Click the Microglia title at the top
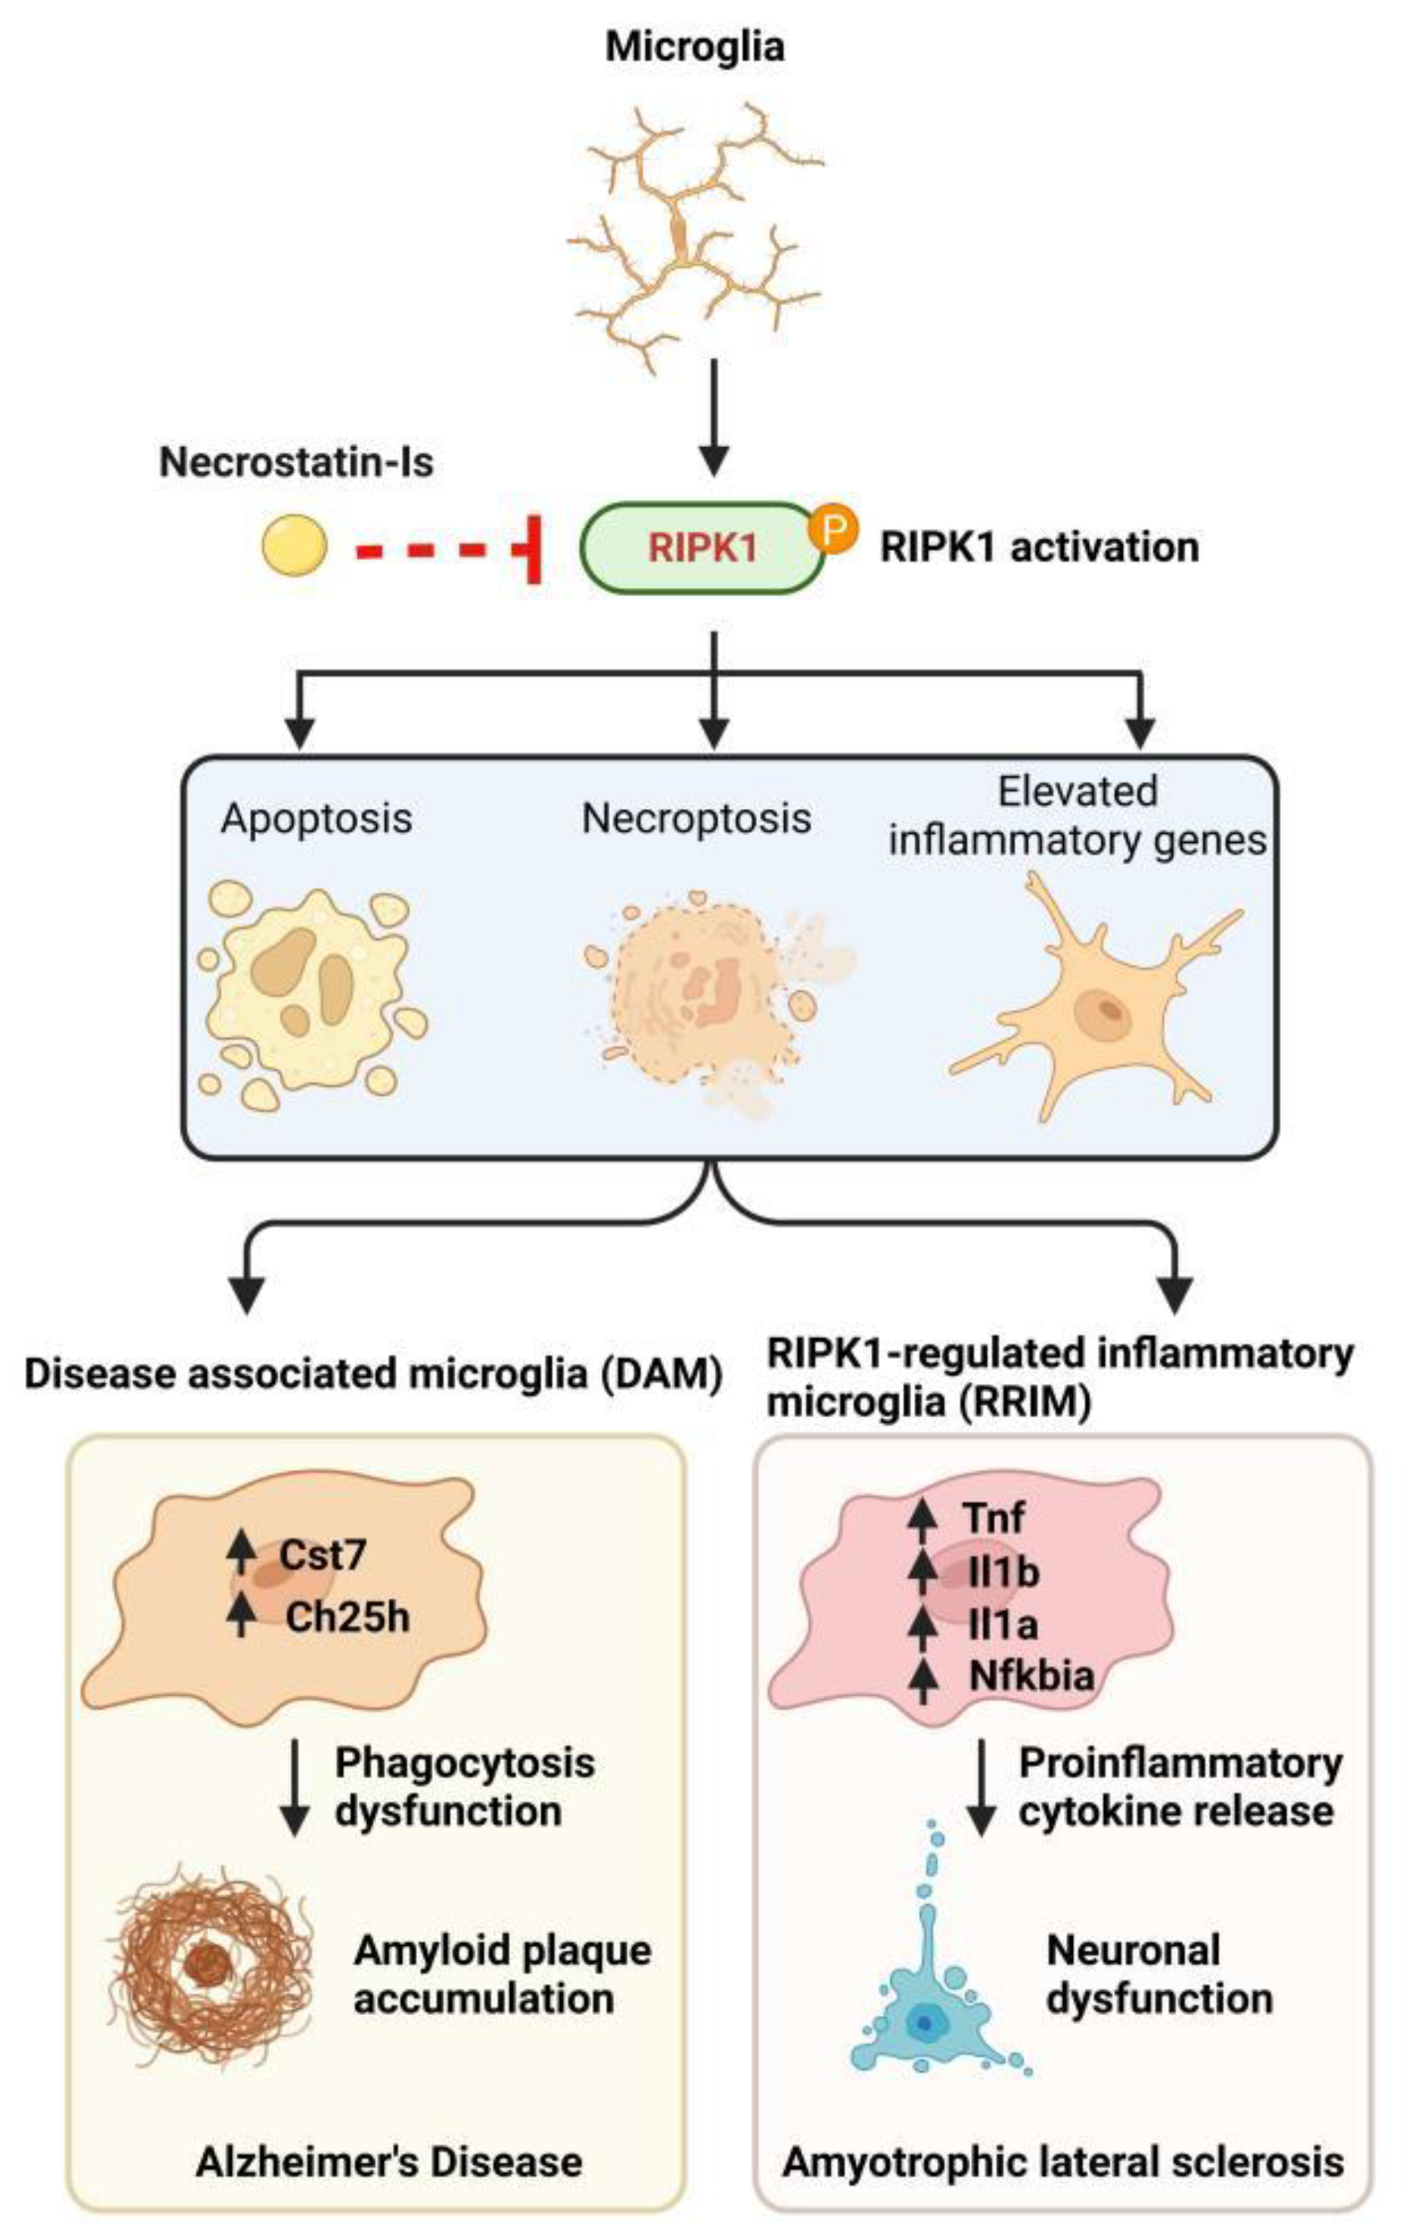[694, 47]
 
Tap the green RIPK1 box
[701, 548]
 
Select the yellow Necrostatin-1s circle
[293, 546]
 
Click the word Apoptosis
[316, 818]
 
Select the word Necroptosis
[696, 818]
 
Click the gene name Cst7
[322, 1555]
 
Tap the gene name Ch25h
[347, 1618]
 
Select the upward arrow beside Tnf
[922, 1517]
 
